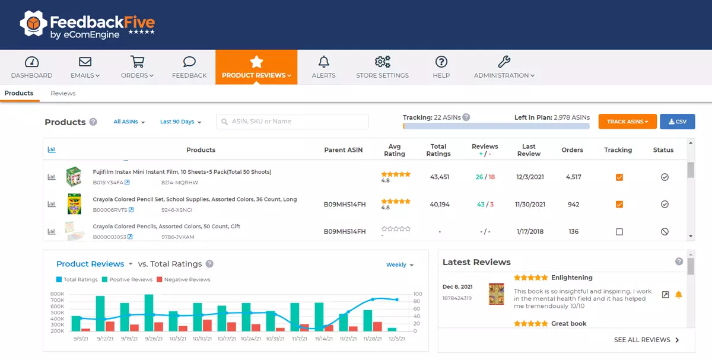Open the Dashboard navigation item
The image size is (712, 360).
coord(32,67)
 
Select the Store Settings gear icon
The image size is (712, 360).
coord(382,62)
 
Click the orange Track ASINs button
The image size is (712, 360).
coord(627,122)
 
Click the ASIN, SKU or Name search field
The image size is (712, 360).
coord(292,122)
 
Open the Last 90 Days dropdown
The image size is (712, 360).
coord(180,122)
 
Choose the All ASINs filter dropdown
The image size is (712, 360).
coord(129,122)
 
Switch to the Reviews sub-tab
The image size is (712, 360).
coord(63,93)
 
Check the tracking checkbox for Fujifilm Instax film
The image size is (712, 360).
coord(619,177)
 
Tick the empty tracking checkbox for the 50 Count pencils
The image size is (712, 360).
coord(619,232)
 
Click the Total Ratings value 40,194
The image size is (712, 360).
coord(440,204)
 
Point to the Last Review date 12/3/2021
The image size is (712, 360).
coord(530,177)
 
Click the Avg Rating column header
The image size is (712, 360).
coord(395,150)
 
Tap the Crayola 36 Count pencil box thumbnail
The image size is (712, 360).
coord(74,203)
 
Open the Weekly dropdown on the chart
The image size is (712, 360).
coord(399,265)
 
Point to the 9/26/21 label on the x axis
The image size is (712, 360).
coord(154,339)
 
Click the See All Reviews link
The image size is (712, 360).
coord(646,340)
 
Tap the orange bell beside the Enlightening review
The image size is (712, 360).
coord(679,295)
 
